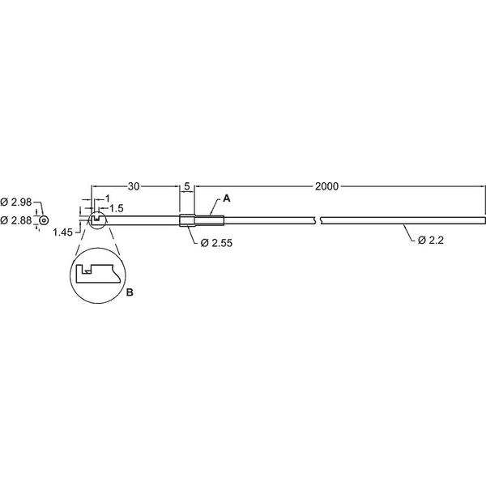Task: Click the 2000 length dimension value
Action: [326, 186]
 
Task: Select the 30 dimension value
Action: [134, 186]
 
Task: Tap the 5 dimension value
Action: [187, 186]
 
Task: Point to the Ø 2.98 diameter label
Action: [16, 202]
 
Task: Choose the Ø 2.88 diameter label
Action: [16, 220]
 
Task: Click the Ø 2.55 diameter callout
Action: [216, 243]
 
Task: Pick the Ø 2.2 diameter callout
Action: [431, 240]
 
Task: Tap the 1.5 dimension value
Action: [116, 208]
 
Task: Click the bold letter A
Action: [227, 198]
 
